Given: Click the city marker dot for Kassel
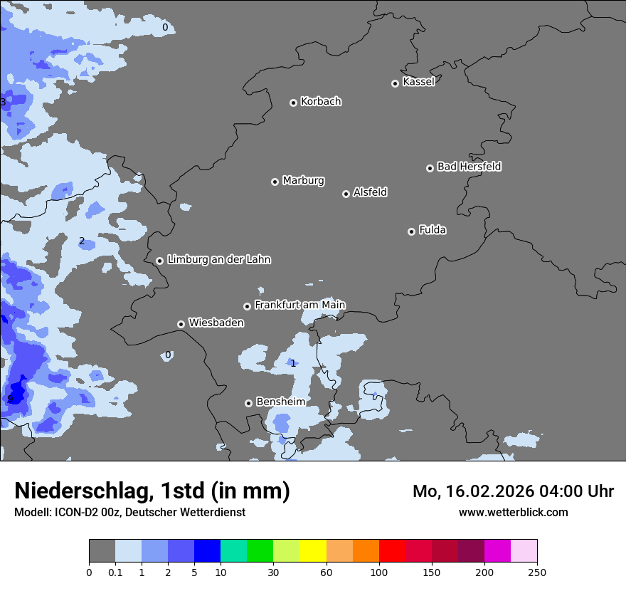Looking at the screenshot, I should tap(395, 83).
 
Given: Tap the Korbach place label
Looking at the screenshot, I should tap(321, 101).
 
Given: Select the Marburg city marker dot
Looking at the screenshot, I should tap(275, 182).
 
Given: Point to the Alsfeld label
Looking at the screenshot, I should tap(370, 192).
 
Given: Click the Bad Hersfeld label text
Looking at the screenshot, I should tap(469, 167).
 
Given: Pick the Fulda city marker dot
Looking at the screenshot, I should tap(411, 231).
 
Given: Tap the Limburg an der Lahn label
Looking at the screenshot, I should tap(218, 260).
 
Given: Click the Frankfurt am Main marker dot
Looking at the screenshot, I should tap(247, 306).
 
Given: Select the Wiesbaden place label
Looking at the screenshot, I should tap(216, 323).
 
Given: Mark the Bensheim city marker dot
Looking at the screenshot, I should tap(248, 403).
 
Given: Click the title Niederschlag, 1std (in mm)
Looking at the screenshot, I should tap(152, 491).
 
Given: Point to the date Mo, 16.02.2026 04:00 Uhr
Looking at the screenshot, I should tap(513, 491).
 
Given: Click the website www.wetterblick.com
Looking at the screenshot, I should tap(513, 512).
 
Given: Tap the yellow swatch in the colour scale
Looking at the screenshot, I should tap(312, 551).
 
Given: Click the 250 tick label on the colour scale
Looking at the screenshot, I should tap(536, 571).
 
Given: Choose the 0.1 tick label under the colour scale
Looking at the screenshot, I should tap(115, 571).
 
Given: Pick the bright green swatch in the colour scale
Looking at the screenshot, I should tap(260, 551).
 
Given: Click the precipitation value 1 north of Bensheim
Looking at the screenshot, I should tap(292, 363).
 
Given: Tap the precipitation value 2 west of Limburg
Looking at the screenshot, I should tap(82, 241).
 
